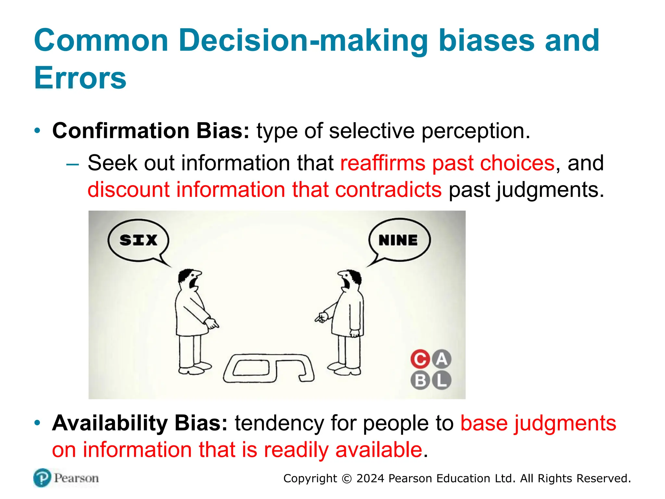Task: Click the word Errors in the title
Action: coord(80,78)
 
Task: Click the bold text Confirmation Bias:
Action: coord(151,131)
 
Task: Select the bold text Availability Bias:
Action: coord(140,423)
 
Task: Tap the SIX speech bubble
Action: coord(138,240)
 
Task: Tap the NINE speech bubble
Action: coord(399,240)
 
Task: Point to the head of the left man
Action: coord(190,279)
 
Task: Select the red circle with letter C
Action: coord(420,359)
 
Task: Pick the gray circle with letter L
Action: coord(441,380)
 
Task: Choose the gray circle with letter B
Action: coord(420,380)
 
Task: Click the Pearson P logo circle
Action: coord(42,478)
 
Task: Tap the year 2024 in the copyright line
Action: coord(370,479)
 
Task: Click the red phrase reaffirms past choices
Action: coord(447,163)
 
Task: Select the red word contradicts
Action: coord(388,190)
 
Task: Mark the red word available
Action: coord(379,450)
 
